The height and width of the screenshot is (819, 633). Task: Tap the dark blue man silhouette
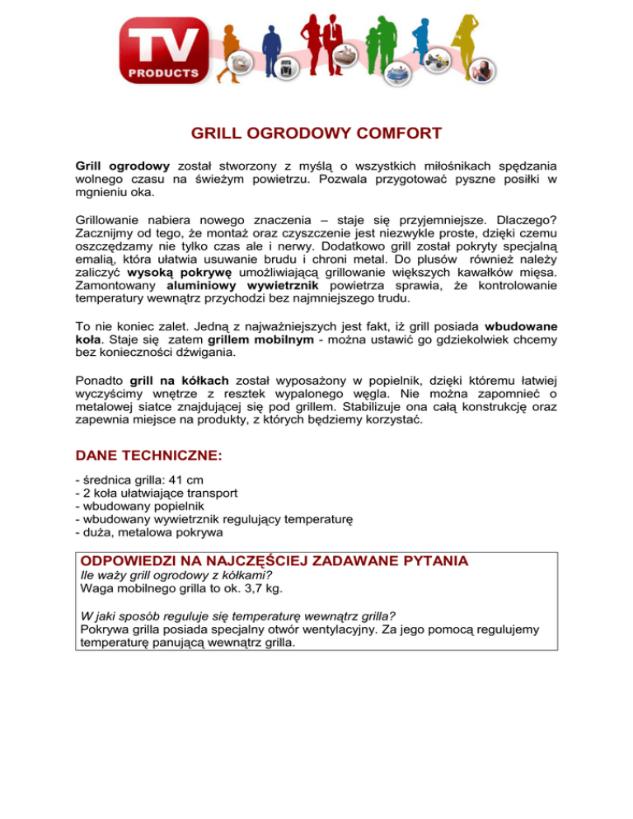pyautogui.click(x=271, y=49)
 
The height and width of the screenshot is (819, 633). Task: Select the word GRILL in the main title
pyautogui.click(x=218, y=133)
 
